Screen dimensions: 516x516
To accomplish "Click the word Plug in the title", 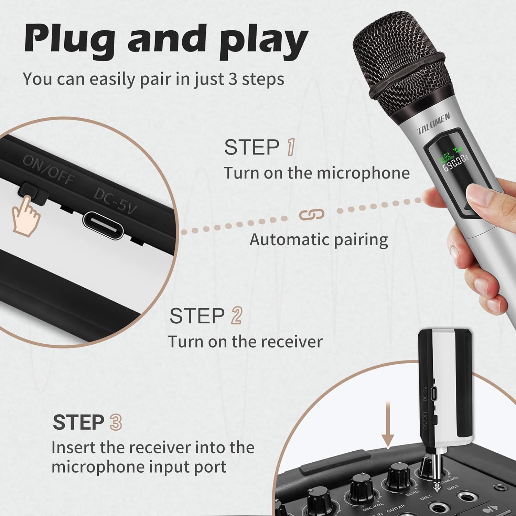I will tap(69, 40).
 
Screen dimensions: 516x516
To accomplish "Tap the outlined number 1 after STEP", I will tap(291, 147).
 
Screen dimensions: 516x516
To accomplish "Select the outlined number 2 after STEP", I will tap(237, 316).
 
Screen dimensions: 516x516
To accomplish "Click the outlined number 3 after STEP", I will tap(116, 422).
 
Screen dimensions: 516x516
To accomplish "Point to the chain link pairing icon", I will tap(311, 214).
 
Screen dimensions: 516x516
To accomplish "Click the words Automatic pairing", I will tap(319, 240).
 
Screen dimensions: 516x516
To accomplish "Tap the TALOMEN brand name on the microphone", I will tap(433, 124).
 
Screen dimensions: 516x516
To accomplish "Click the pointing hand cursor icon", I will tap(26, 217).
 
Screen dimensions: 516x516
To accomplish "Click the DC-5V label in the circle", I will tap(116, 202).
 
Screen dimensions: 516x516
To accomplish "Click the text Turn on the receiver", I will tap(245, 342).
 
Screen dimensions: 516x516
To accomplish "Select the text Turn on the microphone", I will tap(316, 173).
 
